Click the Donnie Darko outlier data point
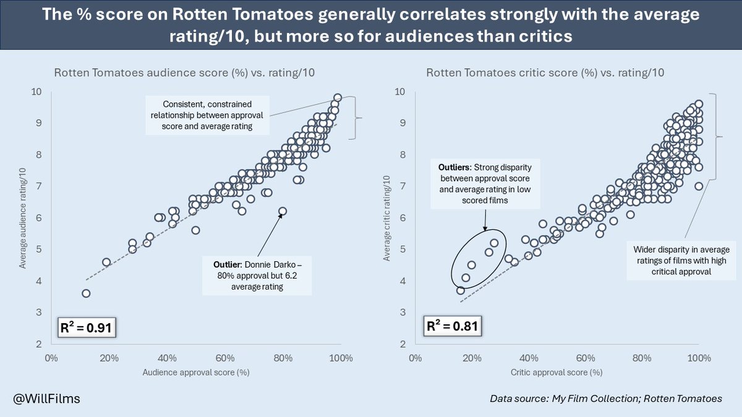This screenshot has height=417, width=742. (x=283, y=211)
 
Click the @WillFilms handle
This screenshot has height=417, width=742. (x=45, y=398)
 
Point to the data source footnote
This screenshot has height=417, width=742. (x=605, y=398)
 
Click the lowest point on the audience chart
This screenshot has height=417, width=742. (x=86, y=293)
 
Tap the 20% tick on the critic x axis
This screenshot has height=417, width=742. (x=472, y=357)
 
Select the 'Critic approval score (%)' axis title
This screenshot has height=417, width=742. (x=556, y=373)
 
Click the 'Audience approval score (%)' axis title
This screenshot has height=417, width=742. (x=195, y=373)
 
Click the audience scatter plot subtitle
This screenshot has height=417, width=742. (x=184, y=73)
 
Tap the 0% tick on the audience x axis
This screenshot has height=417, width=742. (x=51, y=357)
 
